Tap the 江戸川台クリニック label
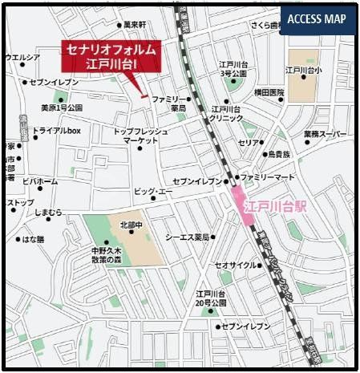click(226, 113)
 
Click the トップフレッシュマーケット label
click(140, 136)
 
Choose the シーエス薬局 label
click(187, 237)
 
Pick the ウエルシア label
click(22, 57)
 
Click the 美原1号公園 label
click(62, 107)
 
